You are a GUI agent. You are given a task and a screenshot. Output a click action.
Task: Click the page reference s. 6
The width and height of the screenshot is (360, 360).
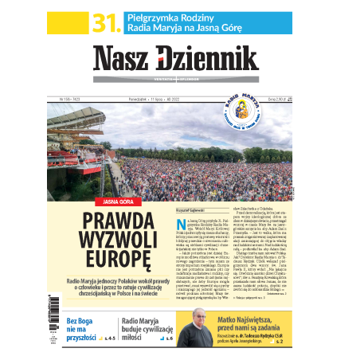pos(169,339)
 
